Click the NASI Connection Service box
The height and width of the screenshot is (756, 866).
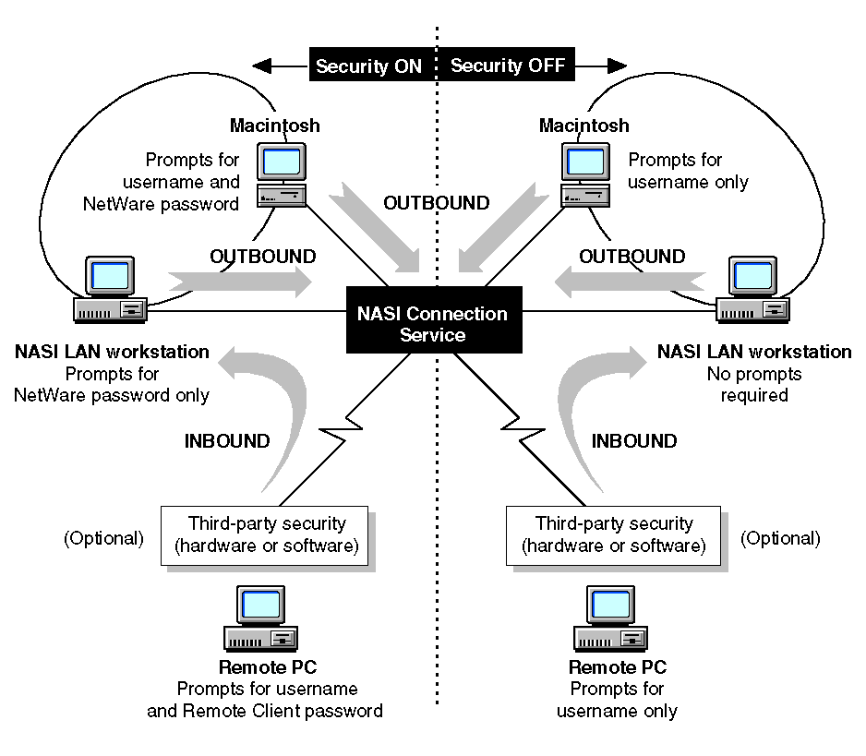point(432,323)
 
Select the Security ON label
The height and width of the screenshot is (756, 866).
point(368,66)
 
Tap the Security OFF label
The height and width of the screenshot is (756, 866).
point(507,66)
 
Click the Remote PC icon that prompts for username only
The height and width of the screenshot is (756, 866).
point(611,619)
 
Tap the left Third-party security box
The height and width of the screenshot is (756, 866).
point(266,535)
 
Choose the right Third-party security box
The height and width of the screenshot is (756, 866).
point(613,535)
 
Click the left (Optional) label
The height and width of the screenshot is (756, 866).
point(103,538)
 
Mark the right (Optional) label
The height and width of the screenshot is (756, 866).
point(780,538)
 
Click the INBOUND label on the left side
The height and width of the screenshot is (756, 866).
point(227,441)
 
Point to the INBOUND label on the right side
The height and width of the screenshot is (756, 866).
point(633,441)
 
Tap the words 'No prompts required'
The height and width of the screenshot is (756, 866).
point(753,385)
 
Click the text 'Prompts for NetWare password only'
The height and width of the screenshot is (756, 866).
point(112,385)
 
